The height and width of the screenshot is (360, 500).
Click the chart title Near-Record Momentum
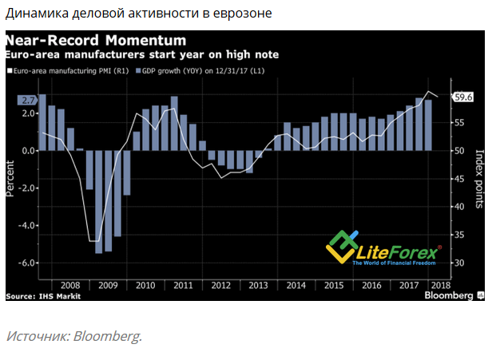click(95, 40)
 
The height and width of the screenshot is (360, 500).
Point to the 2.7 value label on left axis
click(27, 100)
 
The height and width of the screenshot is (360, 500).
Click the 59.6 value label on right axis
click(464, 97)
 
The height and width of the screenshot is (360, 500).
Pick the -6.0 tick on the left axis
click(28, 263)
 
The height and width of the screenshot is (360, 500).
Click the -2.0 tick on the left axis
click(28, 188)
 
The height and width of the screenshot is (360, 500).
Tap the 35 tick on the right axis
click(459, 235)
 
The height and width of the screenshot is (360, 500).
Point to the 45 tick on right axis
click(459, 178)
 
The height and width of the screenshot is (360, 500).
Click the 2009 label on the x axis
click(107, 284)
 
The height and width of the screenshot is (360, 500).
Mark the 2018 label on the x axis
click(441, 284)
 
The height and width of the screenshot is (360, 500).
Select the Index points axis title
click(480, 178)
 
